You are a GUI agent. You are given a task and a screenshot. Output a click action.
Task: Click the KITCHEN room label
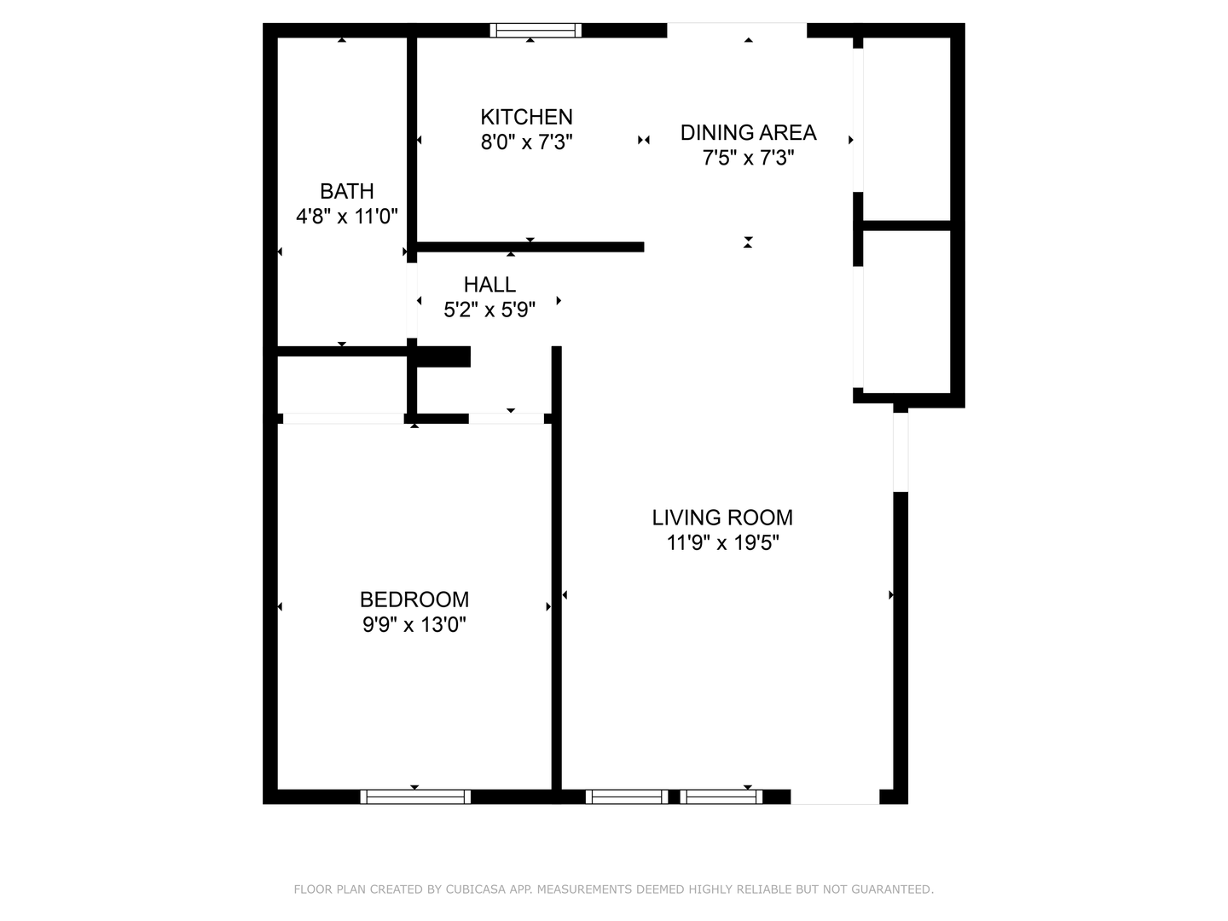(x=526, y=117)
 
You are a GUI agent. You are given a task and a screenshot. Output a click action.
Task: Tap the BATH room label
(x=346, y=191)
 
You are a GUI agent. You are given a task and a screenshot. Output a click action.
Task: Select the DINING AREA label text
(x=748, y=132)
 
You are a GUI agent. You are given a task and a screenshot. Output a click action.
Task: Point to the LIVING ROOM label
(x=722, y=518)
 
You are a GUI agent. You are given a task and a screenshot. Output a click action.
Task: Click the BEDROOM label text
(x=414, y=600)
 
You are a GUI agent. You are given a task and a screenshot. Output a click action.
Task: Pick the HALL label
(x=489, y=284)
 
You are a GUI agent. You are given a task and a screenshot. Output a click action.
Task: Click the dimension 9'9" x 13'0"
(x=414, y=625)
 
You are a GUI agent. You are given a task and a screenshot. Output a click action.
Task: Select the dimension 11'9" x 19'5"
(x=722, y=542)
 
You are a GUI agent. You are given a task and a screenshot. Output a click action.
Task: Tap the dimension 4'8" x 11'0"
(x=346, y=217)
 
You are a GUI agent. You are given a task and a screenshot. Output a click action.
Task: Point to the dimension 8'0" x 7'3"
(x=526, y=142)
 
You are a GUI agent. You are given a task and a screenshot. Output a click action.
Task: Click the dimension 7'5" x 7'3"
(x=748, y=158)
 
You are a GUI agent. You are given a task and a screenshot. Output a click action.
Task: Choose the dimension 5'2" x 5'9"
(x=489, y=310)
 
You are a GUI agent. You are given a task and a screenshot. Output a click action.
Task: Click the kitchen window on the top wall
(x=536, y=31)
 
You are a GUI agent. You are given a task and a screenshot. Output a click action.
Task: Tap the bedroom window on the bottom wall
(x=415, y=796)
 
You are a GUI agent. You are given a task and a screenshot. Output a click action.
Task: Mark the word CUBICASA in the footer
(x=477, y=889)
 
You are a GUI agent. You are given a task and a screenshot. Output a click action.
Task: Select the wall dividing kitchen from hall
(x=529, y=247)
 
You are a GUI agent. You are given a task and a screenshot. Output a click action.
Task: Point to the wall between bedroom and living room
(x=557, y=597)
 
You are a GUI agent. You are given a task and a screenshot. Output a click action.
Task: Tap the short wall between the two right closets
(x=907, y=226)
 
